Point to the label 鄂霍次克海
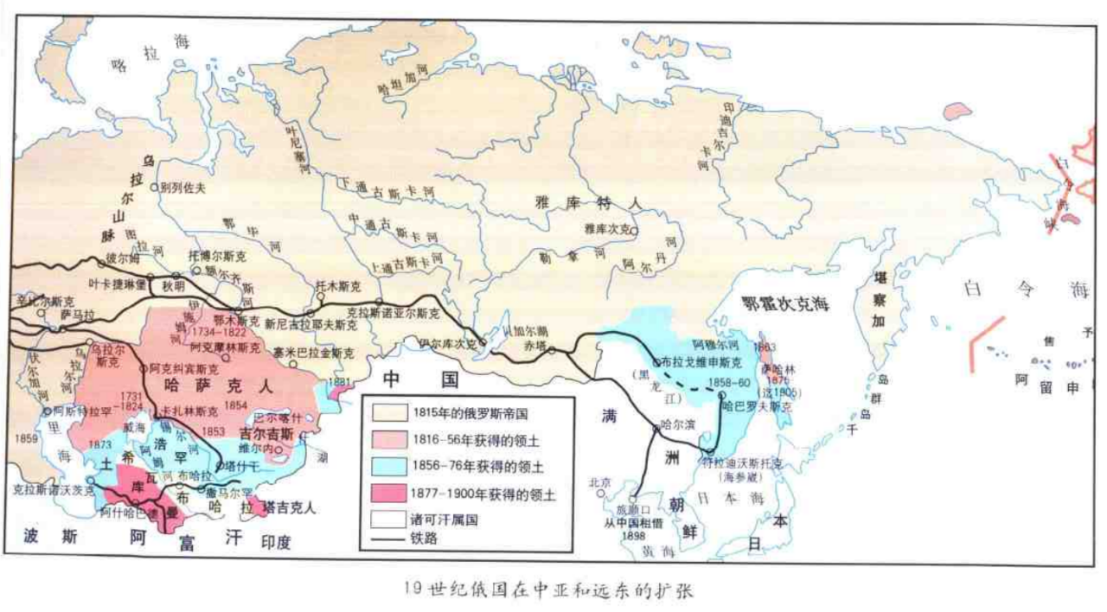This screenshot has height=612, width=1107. [x=785, y=303]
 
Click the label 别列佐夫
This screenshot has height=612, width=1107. [x=182, y=187]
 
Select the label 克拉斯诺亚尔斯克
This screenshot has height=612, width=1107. [x=393, y=311]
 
